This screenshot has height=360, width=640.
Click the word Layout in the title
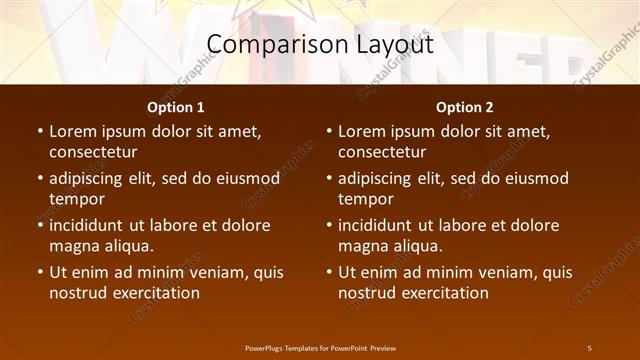391,45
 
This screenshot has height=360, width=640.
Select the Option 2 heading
465,107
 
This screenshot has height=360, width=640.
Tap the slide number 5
589,347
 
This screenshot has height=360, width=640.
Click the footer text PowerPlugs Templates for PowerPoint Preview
320,347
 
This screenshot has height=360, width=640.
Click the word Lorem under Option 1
75,131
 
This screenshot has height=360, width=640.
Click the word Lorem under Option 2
364,131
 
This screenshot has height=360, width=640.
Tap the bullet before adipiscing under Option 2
328,178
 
